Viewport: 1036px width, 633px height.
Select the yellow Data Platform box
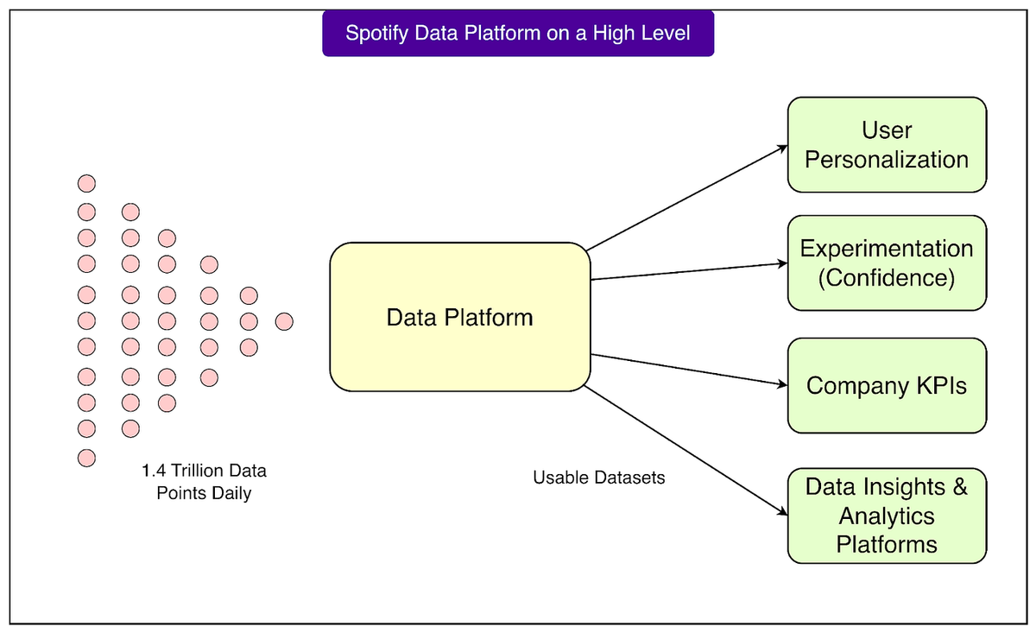[459, 317]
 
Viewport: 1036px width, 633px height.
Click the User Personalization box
[887, 144]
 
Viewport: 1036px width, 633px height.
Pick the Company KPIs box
[887, 385]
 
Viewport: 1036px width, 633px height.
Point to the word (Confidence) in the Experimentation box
[887, 278]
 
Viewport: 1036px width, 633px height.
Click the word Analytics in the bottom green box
[887, 516]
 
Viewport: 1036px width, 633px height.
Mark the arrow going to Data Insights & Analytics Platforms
[686, 450]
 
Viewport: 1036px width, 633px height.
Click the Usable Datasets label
[599, 478]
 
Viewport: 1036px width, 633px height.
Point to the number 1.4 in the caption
[153, 472]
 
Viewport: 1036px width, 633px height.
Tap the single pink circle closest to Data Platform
[284, 322]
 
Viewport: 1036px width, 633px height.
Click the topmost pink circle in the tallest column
[86, 183]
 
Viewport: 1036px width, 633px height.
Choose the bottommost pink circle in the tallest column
[86, 457]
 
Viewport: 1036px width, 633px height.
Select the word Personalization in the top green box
[887, 160]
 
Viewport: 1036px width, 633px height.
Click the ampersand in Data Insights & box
[959, 486]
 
